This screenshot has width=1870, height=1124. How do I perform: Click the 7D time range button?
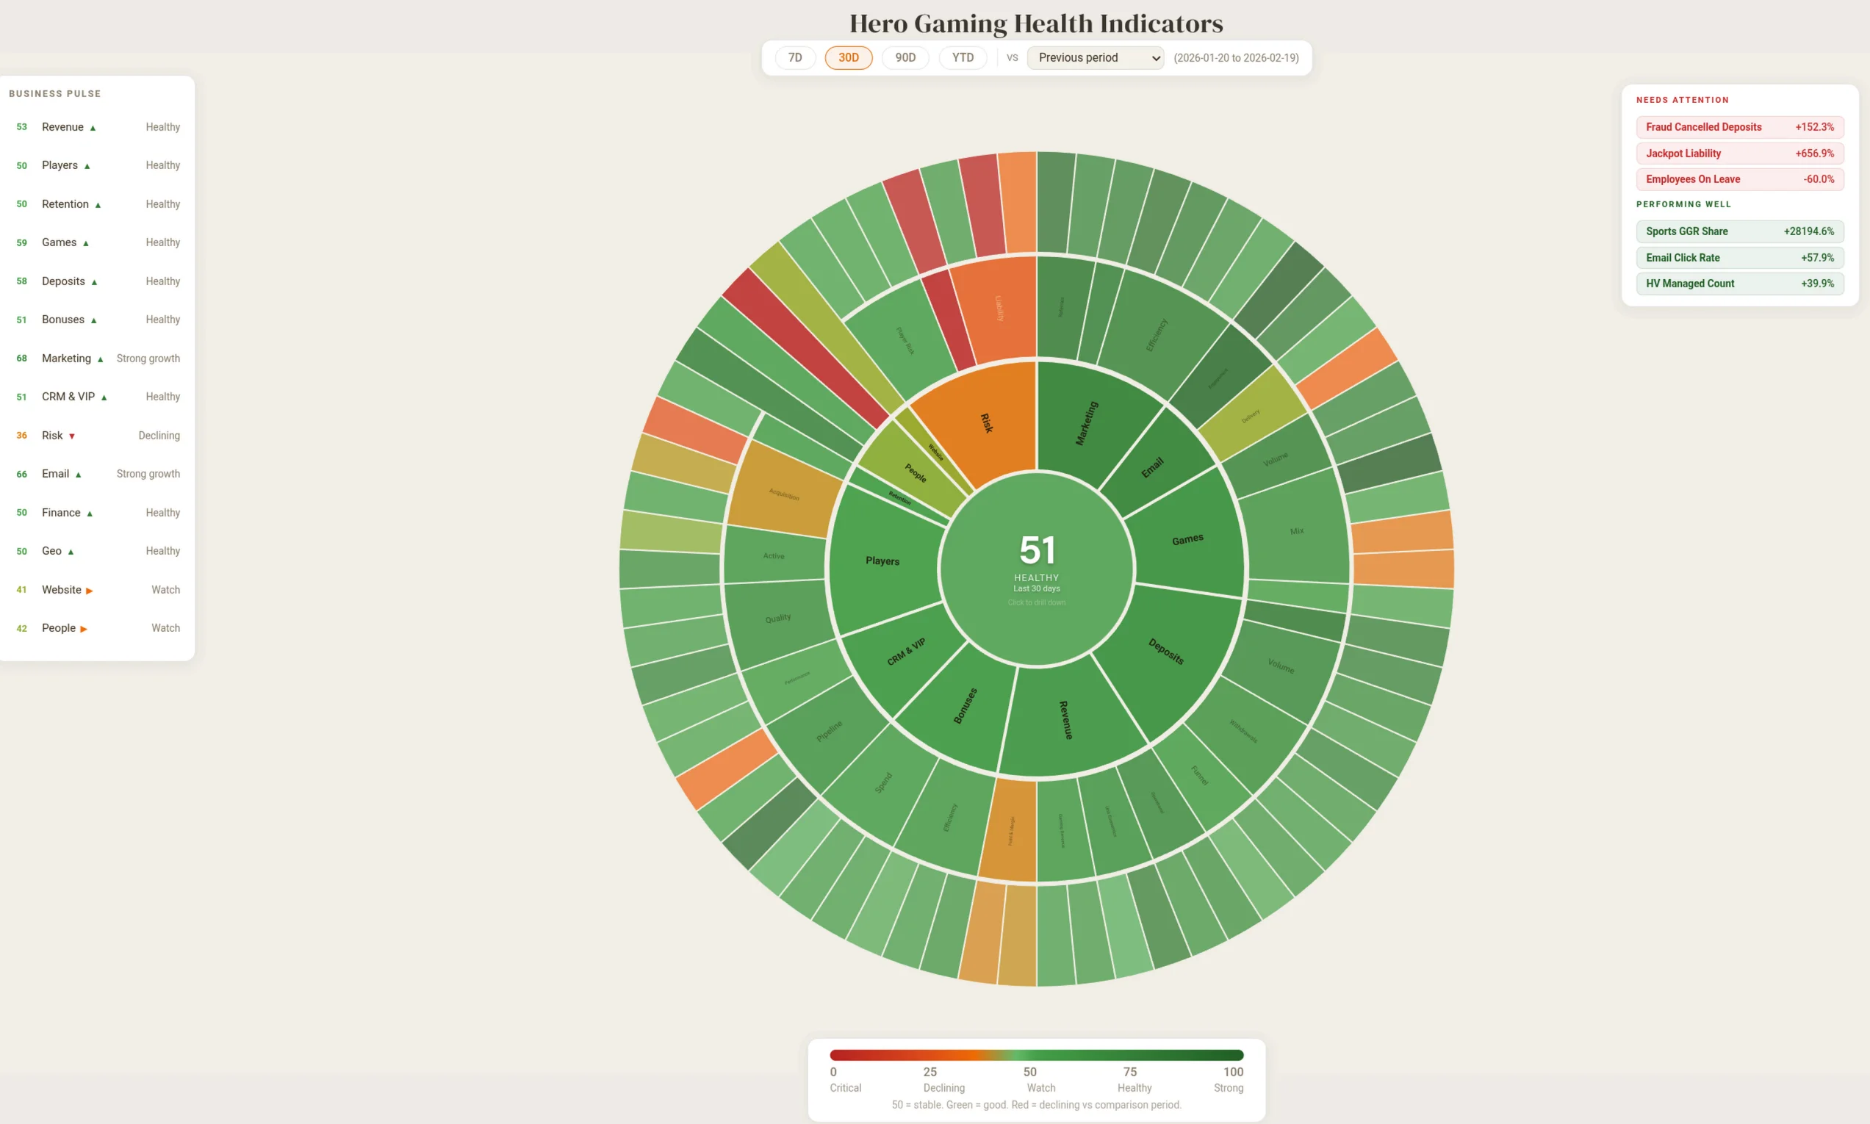[x=794, y=57]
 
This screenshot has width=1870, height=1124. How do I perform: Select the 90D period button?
[x=905, y=57]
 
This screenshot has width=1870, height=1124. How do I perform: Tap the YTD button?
[x=963, y=57]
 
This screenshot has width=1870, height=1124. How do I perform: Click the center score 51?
[x=1036, y=551]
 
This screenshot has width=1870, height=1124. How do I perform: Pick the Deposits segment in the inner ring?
[x=1167, y=652]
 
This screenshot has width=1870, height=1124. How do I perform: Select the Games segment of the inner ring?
[x=1187, y=539]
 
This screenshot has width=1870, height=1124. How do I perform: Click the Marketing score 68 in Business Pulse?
[x=22, y=359]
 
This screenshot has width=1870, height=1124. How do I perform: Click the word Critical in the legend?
[x=844, y=1088]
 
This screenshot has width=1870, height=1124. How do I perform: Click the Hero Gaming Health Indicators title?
[x=1035, y=23]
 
